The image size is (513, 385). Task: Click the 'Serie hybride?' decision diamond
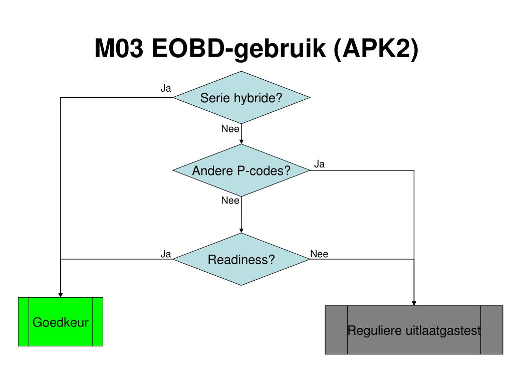(241, 98)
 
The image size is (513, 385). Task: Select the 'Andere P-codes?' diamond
(241, 170)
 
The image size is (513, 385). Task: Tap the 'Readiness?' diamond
(241, 259)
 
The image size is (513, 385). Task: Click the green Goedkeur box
(61, 322)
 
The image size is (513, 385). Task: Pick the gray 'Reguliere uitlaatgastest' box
(414, 330)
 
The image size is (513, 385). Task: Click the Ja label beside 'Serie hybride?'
(165, 88)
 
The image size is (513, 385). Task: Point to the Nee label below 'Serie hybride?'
(230, 129)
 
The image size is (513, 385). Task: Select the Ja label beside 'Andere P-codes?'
(319, 164)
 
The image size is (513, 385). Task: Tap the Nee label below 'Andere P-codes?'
(230, 201)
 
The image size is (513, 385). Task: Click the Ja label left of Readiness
(165, 254)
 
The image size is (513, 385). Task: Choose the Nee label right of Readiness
(319, 254)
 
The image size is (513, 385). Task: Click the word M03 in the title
(119, 49)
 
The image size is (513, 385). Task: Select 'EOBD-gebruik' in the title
(239, 49)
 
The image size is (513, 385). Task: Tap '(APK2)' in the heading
(376, 49)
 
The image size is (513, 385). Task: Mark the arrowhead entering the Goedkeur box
(61, 295)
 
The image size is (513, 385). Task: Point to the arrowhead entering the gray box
(414, 303)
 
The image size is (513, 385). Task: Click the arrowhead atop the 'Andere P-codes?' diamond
(241, 142)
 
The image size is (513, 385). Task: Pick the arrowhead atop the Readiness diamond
(241, 231)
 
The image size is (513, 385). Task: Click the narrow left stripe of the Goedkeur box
(24, 322)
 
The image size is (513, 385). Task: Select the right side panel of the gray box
(492, 330)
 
